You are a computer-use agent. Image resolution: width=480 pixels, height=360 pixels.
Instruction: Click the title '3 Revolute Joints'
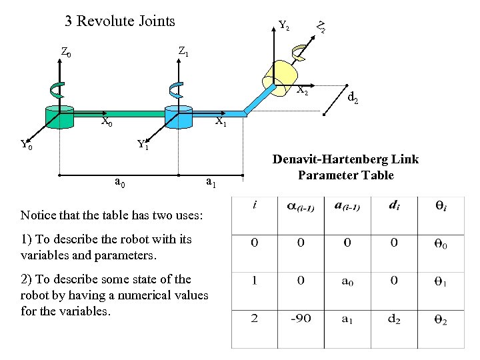point(120,21)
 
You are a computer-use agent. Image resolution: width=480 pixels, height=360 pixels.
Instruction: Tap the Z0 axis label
point(66,51)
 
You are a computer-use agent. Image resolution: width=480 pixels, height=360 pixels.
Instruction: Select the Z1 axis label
point(183,51)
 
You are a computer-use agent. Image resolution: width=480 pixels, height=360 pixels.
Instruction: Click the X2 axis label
point(302,89)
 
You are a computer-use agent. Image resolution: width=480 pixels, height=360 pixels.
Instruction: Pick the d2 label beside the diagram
point(353,98)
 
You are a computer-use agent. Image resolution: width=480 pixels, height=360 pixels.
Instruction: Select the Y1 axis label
point(143,144)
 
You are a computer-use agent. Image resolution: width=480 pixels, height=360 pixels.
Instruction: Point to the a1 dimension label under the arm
point(210,181)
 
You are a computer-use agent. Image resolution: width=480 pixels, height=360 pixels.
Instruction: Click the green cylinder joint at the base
point(60,116)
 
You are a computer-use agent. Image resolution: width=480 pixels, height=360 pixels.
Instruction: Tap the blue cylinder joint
point(178,117)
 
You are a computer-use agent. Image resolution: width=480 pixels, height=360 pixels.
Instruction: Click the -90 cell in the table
point(301,319)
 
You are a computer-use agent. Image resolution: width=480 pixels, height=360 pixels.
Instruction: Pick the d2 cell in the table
point(394,319)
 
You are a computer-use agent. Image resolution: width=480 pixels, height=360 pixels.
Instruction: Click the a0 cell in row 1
point(347,281)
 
